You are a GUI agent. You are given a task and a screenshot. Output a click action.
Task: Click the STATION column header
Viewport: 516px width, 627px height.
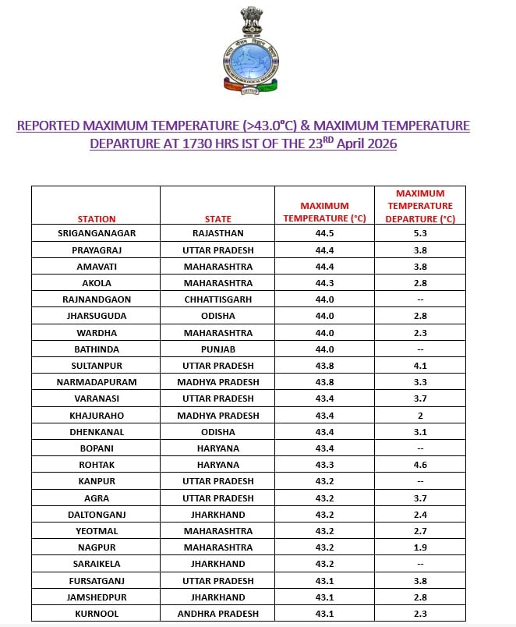tap(96, 219)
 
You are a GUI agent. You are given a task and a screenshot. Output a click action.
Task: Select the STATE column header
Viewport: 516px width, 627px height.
tap(217, 219)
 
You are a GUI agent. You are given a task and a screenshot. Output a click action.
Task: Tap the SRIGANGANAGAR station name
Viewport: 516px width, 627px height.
tap(96, 233)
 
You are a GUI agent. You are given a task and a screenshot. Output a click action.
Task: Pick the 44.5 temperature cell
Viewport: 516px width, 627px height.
tap(324, 233)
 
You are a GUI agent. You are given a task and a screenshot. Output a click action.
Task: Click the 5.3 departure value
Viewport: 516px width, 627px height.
tap(420, 233)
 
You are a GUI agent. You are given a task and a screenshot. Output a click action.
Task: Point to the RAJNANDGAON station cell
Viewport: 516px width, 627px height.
tap(96, 299)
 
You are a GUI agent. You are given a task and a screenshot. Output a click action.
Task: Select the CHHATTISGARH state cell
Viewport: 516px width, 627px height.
tap(217, 299)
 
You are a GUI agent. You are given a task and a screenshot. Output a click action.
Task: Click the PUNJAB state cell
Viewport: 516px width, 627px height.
tap(217, 349)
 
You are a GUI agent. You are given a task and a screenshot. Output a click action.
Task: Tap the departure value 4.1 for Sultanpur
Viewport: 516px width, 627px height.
tap(420, 366)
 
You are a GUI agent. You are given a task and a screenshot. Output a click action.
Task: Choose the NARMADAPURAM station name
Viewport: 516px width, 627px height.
tap(96, 382)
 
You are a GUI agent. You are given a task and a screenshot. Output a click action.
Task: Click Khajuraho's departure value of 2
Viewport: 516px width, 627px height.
tap(420, 416)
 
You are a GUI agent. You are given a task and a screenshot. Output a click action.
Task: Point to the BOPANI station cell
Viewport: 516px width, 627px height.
tap(96, 448)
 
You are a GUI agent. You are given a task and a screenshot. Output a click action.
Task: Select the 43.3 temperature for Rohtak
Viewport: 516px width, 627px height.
tap(324, 465)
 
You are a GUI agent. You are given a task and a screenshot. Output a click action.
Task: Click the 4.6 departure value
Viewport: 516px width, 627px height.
tap(420, 465)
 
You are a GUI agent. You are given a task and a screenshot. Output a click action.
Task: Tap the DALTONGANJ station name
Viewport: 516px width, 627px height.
tap(96, 515)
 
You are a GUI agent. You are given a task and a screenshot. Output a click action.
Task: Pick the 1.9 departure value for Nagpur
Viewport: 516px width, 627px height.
tap(420, 547)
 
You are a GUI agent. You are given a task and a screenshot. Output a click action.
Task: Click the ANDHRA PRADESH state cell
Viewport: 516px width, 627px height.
tap(217, 614)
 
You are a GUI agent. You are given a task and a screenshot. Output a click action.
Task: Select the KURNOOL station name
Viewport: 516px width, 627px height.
tap(96, 614)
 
